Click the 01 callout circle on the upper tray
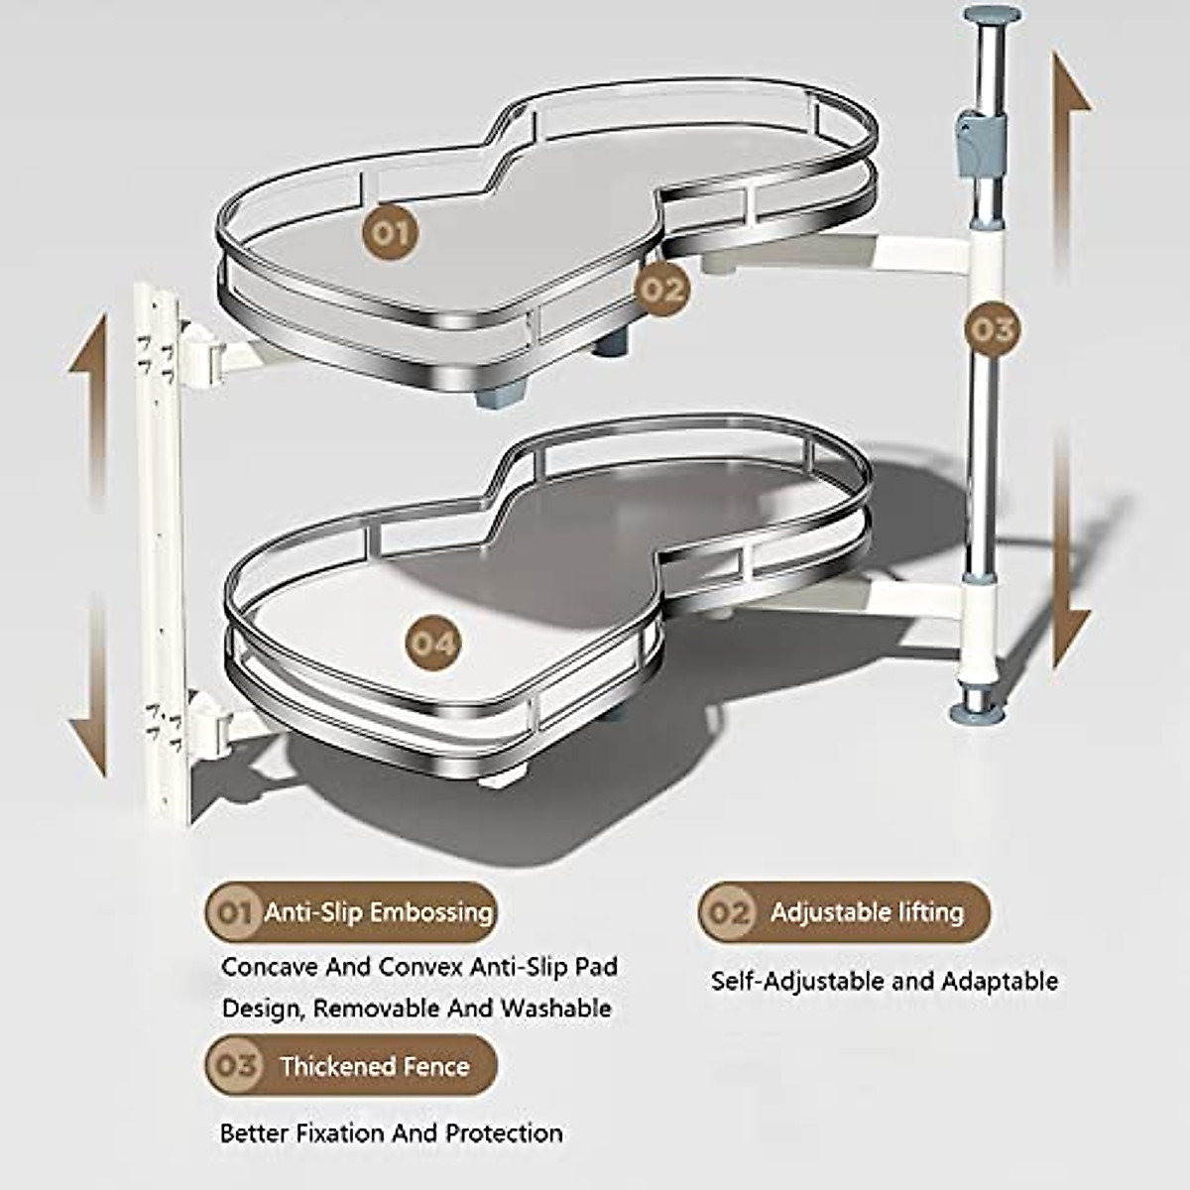pos(389,234)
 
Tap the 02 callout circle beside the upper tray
pos(661,290)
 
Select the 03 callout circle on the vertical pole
pos(991,328)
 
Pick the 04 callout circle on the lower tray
pos(433,644)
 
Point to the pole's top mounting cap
pos(992,17)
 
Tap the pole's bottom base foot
pos(979,709)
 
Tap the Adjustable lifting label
pos(867,911)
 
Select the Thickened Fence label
pos(374,1066)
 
